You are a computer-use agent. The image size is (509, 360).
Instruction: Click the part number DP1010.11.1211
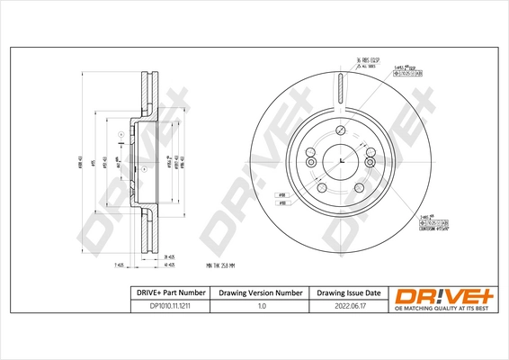[163, 307]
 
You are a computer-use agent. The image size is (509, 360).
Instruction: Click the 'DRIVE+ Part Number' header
[163, 292]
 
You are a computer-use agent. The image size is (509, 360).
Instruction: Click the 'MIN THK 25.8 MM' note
[226, 265]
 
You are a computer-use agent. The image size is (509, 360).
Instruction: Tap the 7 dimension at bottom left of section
[117, 266]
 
